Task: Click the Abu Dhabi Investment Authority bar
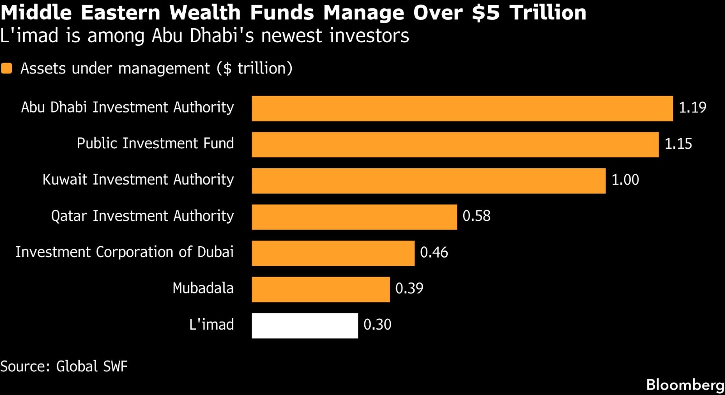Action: (x=462, y=108)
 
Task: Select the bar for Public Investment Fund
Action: (x=455, y=145)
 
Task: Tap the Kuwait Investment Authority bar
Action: (x=429, y=181)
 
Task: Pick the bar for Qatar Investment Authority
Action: (x=354, y=217)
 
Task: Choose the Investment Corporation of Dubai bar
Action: (x=333, y=254)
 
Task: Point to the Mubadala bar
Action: (x=321, y=289)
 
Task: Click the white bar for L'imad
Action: (x=305, y=326)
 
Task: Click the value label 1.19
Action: (x=692, y=107)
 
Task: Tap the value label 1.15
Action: (x=678, y=144)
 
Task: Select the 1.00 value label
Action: (x=625, y=180)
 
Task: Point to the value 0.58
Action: (x=476, y=216)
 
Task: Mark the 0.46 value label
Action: (x=434, y=252)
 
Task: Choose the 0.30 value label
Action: (x=377, y=324)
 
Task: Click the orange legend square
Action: (x=6, y=68)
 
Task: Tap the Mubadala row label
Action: (x=203, y=288)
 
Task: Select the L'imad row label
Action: (x=211, y=324)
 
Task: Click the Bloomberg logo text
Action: (x=685, y=385)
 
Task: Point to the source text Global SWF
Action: (x=92, y=366)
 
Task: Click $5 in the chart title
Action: (x=485, y=13)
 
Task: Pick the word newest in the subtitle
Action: (x=292, y=36)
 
